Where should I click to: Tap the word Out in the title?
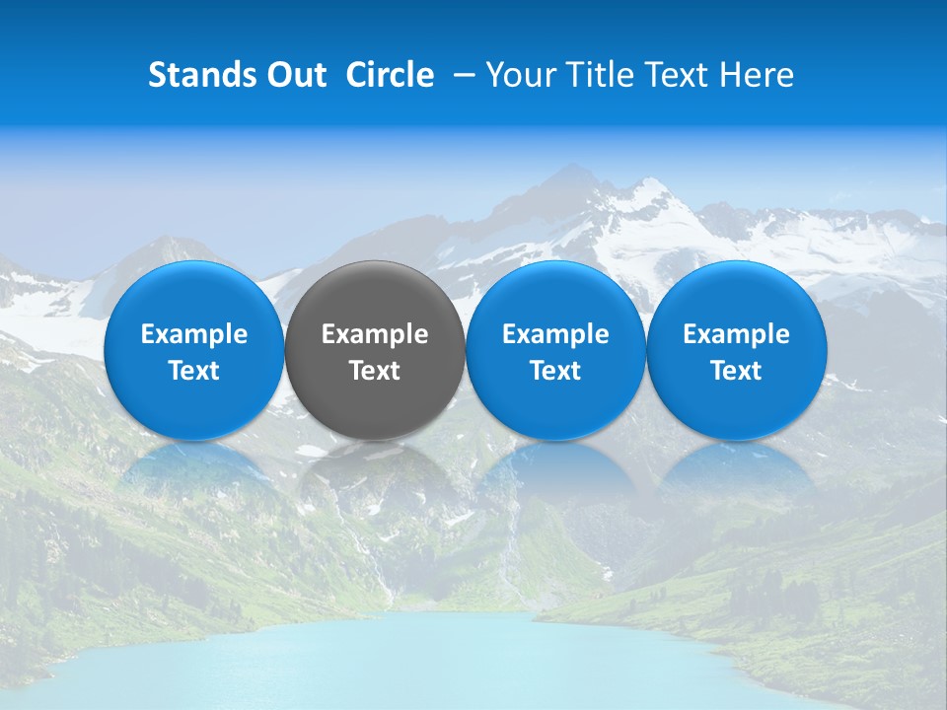pyautogui.click(x=293, y=75)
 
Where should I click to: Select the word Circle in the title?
pyautogui.click(x=390, y=75)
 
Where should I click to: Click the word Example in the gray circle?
pyautogui.click(x=375, y=334)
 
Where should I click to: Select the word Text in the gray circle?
pyautogui.click(x=375, y=371)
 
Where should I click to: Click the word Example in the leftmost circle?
pyautogui.click(x=194, y=334)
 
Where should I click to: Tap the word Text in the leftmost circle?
pyautogui.click(x=194, y=371)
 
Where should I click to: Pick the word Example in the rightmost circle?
pyautogui.click(x=736, y=334)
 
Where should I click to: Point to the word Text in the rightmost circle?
pyautogui.click(x=736, y=371)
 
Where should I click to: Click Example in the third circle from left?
pyautogui.click(x=555, y=334)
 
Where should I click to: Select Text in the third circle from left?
pyautogui.click(x=555, y=371)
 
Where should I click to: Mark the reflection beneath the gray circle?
pyautogui.click(x=375, y=473)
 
